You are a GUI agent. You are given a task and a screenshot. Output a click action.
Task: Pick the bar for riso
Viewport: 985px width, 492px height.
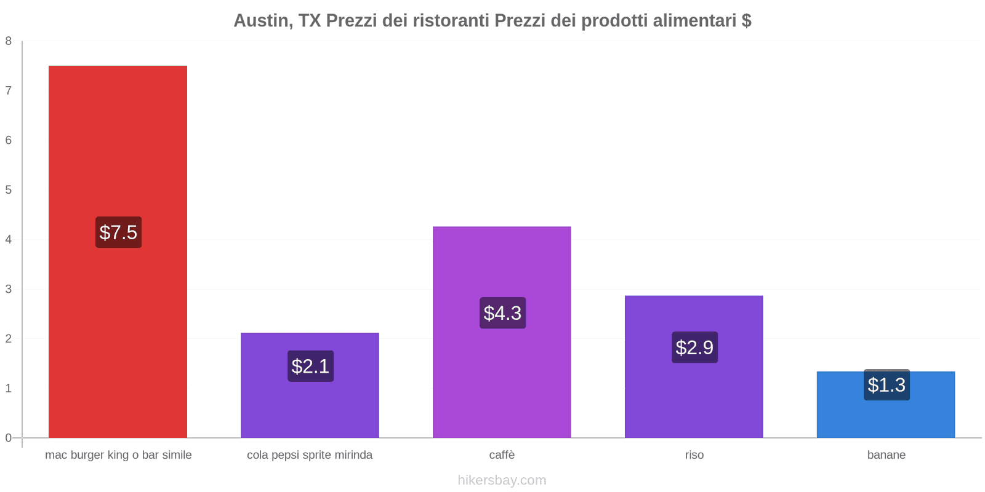pyautogui.click(x=694, y=394)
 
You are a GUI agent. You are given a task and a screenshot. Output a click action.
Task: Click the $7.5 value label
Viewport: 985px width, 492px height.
pyautogui.click(x=118, y=232)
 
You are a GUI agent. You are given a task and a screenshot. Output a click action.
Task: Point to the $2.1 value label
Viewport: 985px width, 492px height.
pyautogui.click(x=310, y=367)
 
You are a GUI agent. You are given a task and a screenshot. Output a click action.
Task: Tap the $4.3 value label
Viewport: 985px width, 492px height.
pyautogui.click(x=502, y=313)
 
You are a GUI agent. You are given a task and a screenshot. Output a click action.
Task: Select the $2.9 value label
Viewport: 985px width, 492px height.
pyautogui.click(x=694, y=347)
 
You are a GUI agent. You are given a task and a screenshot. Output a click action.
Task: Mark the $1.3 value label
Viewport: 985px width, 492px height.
pyautogui.click(x=886, y=385)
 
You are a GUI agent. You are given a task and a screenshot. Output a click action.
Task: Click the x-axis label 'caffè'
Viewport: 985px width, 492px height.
pyautogui.click(x=502, y=455)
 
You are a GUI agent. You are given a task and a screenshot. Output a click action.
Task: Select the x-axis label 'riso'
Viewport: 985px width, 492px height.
pyautogui.click(x=694, y=455)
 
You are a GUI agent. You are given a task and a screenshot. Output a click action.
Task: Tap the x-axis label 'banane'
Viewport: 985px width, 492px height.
pyautogui.click(x=886, y=455)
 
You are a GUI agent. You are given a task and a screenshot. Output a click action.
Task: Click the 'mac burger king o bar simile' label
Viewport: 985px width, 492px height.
pyautogui.click(x=118, y=455)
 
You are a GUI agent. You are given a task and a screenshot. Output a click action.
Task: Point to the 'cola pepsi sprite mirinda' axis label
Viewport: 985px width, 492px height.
pyautogui.click(x=310, y=455)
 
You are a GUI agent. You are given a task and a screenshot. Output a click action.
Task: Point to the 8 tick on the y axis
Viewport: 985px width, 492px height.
pyautogui.click(x=9, y=41)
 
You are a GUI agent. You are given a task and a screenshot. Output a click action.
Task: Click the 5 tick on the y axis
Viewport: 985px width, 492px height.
pyautogui.click(x=9, y=190)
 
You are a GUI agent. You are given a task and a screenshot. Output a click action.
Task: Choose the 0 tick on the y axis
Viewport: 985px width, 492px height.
pyautogui.click(x=9, y=438)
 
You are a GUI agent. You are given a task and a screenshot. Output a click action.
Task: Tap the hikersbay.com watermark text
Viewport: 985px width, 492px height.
pyautogui.click(x=502, y=480)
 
